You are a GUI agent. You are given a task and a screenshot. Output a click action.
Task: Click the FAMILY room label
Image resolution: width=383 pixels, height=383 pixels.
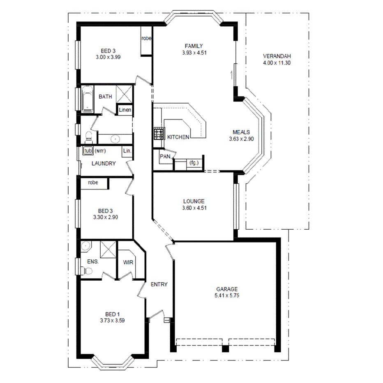[194, 46]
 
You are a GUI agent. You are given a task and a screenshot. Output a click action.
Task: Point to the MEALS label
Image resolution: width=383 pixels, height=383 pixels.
[241, 132]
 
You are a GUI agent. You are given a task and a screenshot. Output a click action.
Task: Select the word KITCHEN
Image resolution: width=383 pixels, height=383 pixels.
[178, 137]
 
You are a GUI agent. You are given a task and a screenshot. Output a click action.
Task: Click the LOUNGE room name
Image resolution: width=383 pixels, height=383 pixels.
[194, 201]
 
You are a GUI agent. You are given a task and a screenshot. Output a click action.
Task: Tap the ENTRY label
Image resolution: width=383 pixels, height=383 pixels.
[159, 284]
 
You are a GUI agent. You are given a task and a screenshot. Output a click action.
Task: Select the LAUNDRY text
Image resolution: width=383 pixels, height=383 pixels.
[103, 164]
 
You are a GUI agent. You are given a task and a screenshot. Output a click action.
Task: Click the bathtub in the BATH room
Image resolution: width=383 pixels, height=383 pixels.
[87, 99]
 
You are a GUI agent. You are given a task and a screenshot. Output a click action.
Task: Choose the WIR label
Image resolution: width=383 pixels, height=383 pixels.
[127, 262]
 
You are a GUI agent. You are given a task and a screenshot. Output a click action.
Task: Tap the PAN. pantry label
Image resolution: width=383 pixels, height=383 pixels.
[165, 156]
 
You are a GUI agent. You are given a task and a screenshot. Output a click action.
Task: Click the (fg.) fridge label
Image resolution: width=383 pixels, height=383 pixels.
[194, 163]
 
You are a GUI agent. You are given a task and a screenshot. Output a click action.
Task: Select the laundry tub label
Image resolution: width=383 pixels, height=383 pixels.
[88, 151]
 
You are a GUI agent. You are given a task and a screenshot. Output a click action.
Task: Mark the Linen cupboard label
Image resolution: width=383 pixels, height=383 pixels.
[125, 110]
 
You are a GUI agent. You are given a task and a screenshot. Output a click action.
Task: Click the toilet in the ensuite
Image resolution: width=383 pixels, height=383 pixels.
[87, 271]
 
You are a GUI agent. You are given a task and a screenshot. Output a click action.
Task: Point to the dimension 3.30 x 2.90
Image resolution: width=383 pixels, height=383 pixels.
[106, 217]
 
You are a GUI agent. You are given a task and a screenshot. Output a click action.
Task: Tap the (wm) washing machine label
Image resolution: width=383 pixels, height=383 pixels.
[100, 151]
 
